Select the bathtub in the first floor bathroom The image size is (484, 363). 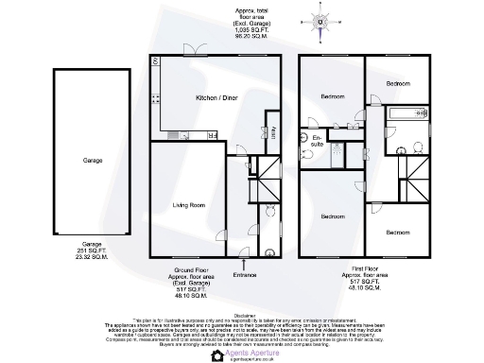point(408,117)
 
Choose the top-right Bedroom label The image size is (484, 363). point(398,83)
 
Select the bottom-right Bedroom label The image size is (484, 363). point(398,231)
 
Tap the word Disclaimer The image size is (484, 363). point(244,315)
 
